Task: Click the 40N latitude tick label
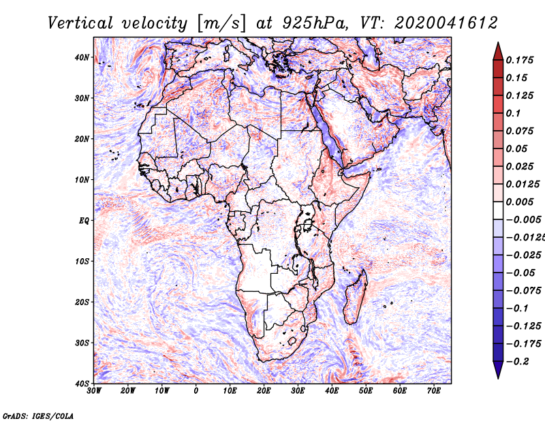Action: [x=82, y=57]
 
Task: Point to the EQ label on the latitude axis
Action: [x=84, y=221]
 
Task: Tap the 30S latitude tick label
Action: [x=82, y=343]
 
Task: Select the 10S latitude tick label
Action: [x=82, y=262]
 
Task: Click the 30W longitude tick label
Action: [x=94, y=391]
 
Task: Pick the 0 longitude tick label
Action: [x=196, y=391]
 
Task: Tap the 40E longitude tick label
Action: [x=332, y=391]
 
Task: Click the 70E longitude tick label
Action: [x=434, y=391]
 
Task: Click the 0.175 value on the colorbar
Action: [x=520, y=61]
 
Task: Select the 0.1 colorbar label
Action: [x=514, y=113]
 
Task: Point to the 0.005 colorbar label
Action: [x=520, y=202]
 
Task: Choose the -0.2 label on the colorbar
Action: [x=518, y=362]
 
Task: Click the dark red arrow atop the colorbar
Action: [x=498, y=52]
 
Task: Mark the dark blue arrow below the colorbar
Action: [x=498, y=370]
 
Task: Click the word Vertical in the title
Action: [x=80, y=23]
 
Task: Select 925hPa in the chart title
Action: [x=315, y=23]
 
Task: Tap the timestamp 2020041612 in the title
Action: [x=446, y=23]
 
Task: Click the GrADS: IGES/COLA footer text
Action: [x=38, y=416]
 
